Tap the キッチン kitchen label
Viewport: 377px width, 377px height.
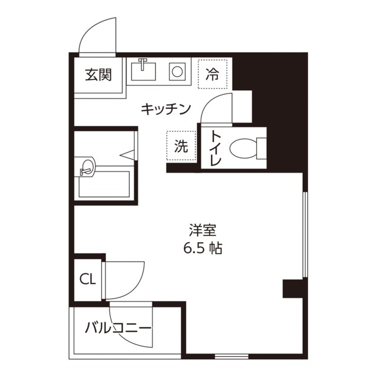coord(167,108)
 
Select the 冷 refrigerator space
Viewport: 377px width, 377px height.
coord(212,74)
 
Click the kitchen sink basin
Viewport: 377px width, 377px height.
coord(144,71)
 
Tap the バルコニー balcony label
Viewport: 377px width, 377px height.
coord(118,328)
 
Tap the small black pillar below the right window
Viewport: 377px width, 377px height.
coord(293,289)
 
